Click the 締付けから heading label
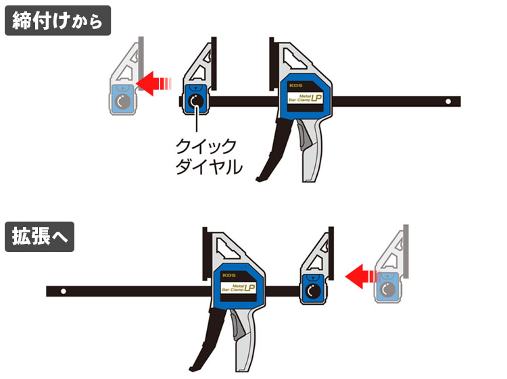point(57,20)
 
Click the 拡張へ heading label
point(39,237)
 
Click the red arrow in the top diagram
point(154,83)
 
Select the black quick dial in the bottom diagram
point(312,291)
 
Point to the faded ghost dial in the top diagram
point(122,102)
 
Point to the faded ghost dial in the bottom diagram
point(387,291)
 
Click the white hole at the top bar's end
point(448,101)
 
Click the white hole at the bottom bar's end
point(62,292)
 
